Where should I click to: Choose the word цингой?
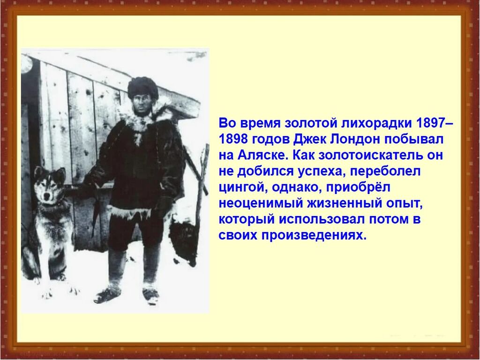tap(241, 187)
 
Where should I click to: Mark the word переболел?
tap(386, 172)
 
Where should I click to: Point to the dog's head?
tap(50, 185)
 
